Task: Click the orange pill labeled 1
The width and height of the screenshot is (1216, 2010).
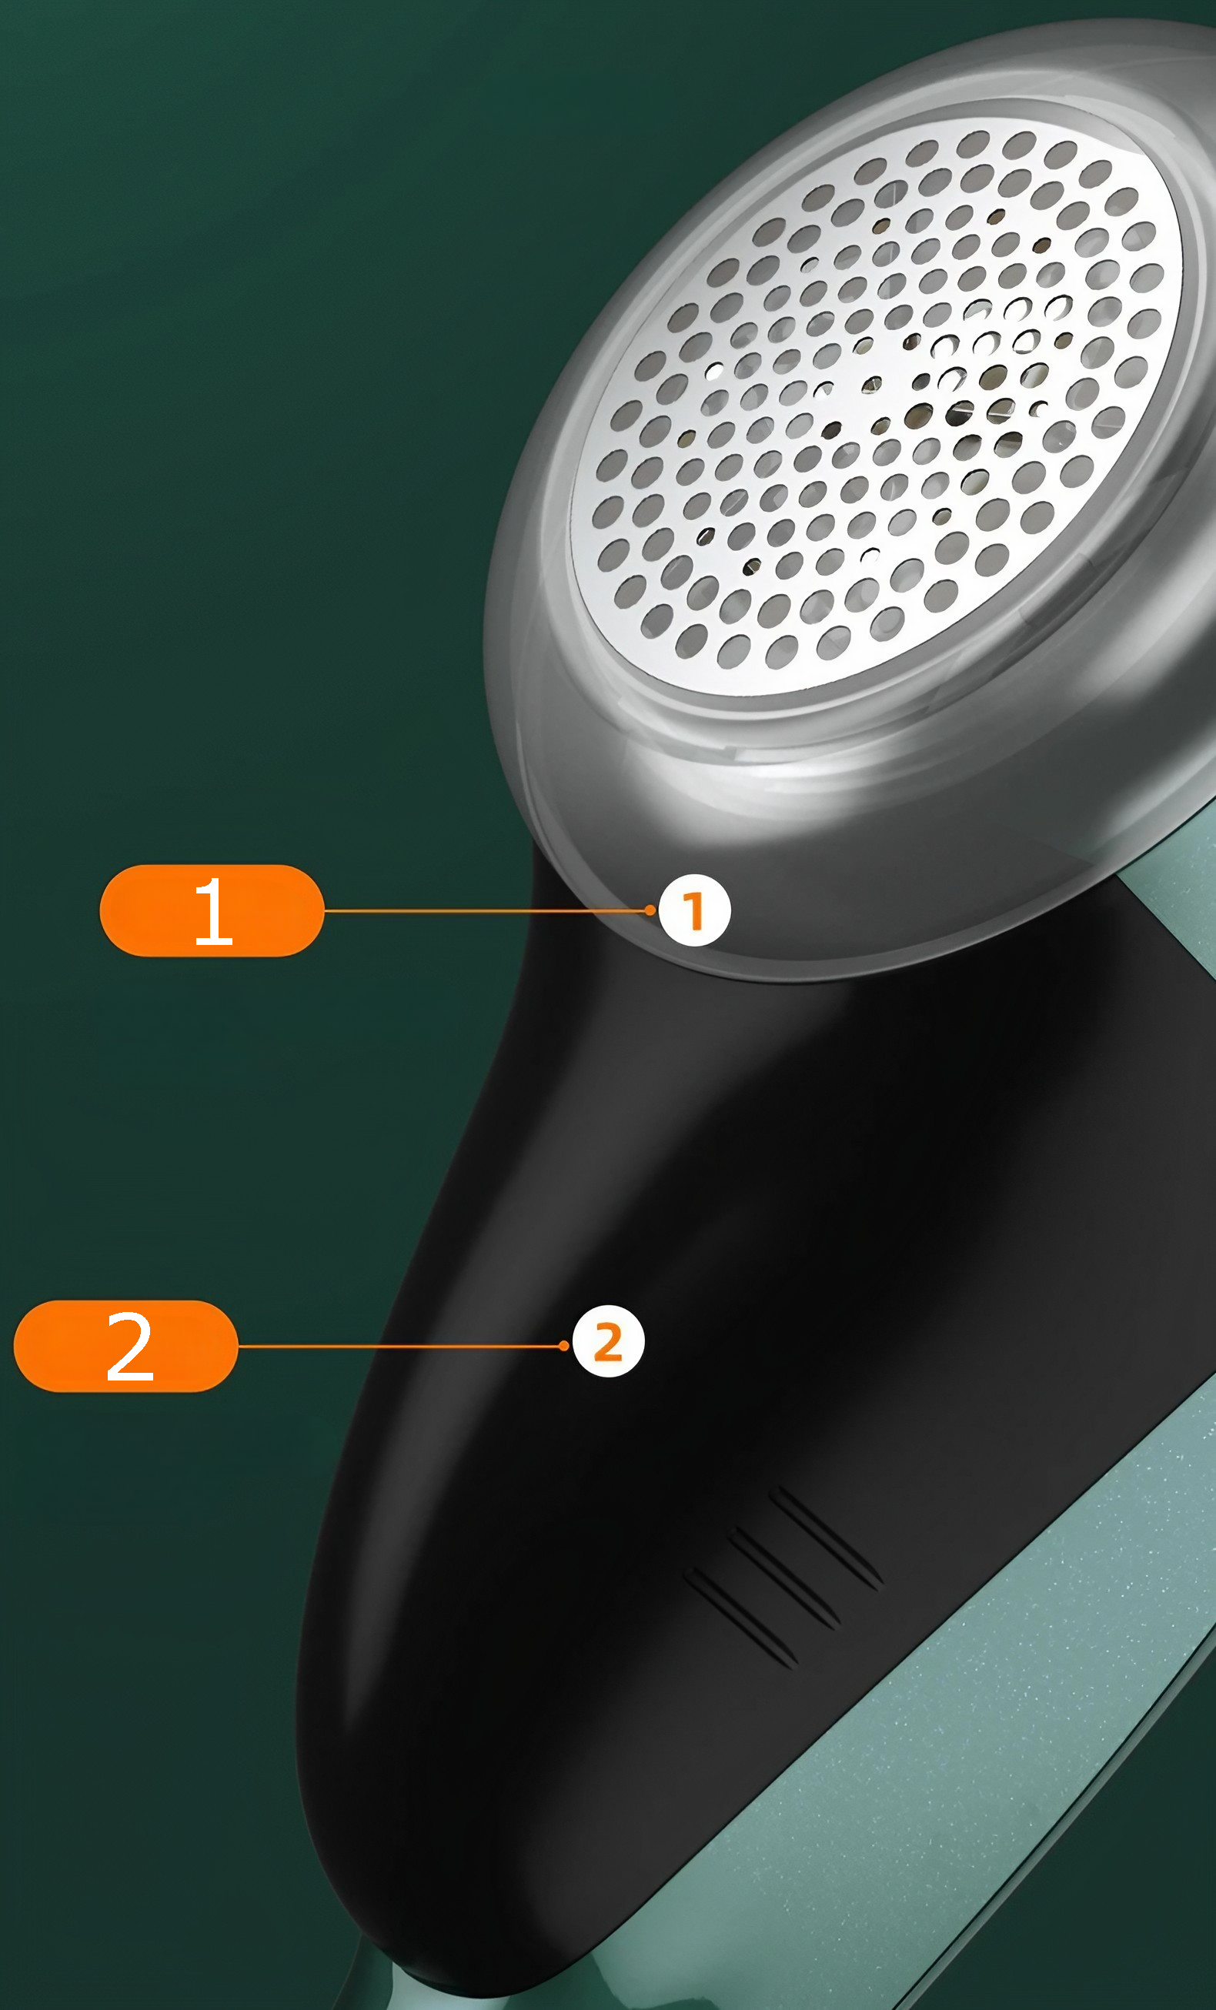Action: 212,910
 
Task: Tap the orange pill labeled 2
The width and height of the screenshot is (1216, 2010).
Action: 126,1346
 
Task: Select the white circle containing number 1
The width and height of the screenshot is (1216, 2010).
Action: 694,910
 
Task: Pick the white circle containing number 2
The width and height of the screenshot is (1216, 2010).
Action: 609,1342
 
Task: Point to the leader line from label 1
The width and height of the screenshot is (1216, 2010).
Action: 487,910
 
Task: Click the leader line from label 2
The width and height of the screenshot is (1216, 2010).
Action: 401,1346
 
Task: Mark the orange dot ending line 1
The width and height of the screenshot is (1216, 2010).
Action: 650,910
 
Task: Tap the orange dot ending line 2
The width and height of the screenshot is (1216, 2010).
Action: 564,1346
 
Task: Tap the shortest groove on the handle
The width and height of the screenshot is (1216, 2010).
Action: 741,1618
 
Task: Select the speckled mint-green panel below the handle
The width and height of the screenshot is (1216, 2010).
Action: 938,1754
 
